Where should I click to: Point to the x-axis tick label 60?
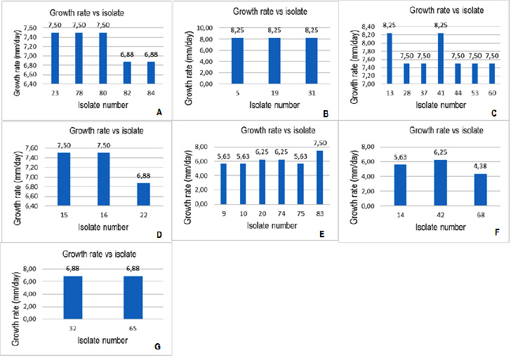pos(493,92)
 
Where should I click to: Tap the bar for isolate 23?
pos(55,58)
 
